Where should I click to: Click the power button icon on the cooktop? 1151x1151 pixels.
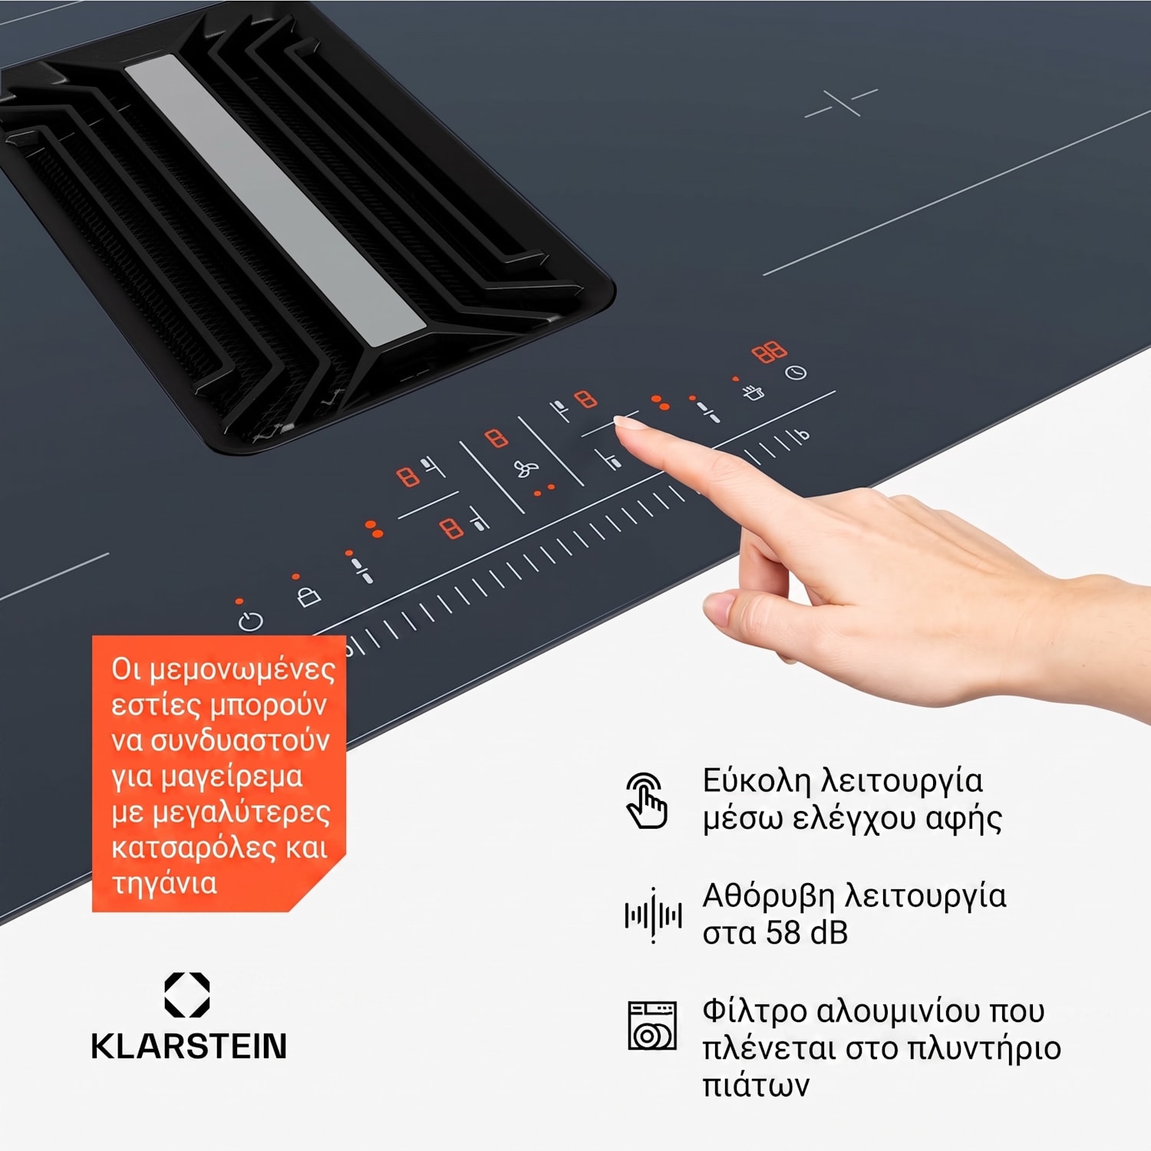coord(250,621)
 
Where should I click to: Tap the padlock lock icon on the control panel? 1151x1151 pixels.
coord(308,596)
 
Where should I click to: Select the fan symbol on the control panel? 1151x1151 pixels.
coord(526,468)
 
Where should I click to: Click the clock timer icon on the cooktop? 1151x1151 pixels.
coord(796,373)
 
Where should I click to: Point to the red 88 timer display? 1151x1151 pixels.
coord(769,352)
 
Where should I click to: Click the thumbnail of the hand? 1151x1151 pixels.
coord(719,608)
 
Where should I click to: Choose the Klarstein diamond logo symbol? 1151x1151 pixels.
coord(187,995)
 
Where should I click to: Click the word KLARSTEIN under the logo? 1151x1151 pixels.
coord(189,1047)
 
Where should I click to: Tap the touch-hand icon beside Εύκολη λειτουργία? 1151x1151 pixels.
coord(647,800)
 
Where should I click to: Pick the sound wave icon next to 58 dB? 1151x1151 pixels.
coord(653,915)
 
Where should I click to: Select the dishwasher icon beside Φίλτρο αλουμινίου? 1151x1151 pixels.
coord(652,1025)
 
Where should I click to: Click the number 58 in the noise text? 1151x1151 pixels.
coord(783,933)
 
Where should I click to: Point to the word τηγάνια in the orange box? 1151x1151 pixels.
coord(164,884)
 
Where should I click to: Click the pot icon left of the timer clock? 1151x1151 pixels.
coord(754,392)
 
